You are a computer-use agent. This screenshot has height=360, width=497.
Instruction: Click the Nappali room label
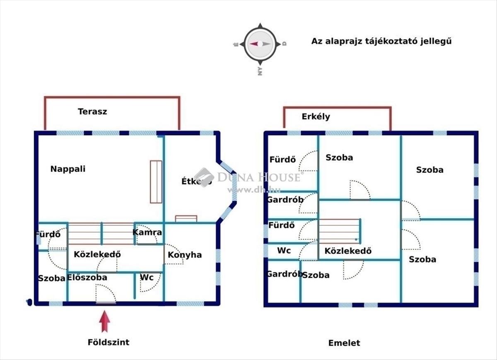(x=68, y=169)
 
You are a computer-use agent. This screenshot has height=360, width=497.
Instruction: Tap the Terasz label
(x=92, y=111)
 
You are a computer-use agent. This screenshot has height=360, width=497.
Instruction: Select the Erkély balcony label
(x=316, y=117)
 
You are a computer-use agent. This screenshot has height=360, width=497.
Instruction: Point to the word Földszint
(x=109, y=342)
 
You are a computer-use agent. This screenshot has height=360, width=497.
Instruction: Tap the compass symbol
(x=259, y=44)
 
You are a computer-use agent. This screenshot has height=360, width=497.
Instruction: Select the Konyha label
(x=185, y=255)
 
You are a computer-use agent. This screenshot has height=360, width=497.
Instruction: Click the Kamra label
(x=147, y=233)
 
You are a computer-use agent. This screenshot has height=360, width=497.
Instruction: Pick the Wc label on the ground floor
(x=147, y=277)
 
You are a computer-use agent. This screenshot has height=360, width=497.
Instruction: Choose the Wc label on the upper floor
(x=284, y=251)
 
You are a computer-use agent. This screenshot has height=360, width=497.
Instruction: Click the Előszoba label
(x=87, y=278)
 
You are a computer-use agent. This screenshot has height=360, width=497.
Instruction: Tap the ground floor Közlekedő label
(x=97, y=254)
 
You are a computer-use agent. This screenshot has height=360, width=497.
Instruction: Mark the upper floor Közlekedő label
(x=348, y=251)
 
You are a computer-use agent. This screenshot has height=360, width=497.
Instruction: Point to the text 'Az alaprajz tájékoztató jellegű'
(x=381, y=41)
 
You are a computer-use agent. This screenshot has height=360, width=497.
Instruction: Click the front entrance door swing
(x=106, y=294)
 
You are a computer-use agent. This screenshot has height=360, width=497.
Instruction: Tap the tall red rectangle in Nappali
(x=156, y=182)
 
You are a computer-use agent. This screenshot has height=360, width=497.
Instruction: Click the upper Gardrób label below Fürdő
(x=285, y=200)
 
